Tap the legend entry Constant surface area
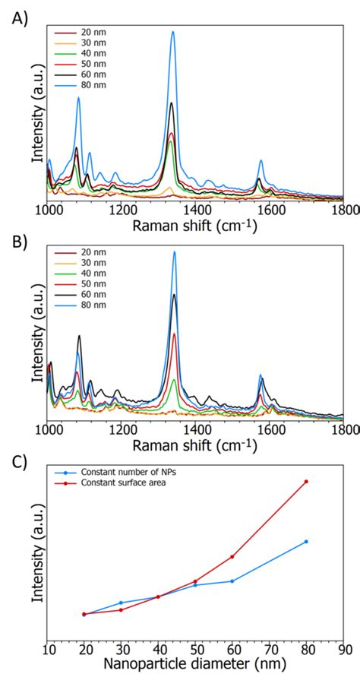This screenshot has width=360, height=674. [127, 483]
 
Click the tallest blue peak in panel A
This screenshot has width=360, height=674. [173, 33]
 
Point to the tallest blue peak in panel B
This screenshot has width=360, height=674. [174, 252]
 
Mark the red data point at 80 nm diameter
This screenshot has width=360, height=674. [306, 481]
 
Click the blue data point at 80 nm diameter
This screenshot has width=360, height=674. [306, 541]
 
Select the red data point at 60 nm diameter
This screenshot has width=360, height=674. [232, 556]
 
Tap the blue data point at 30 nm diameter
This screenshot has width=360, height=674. [121, 603]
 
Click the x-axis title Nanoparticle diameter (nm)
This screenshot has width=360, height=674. [195, 664]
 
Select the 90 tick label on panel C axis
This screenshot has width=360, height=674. [343, 650]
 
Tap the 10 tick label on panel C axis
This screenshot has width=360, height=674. [47, 650]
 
